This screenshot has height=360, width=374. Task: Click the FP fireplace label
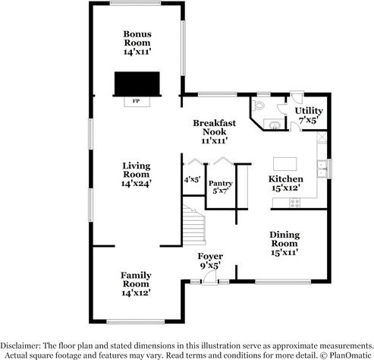click(136, 101)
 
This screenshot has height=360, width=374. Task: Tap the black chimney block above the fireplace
click(137, 84)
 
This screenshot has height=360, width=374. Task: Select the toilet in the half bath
click(258, 106)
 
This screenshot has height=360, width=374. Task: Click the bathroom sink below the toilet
click(274, 125)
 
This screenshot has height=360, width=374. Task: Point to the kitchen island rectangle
click(285, 164)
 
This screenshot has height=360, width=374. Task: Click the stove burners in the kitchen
click(295, 203)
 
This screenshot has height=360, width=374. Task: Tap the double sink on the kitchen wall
click(322, 169)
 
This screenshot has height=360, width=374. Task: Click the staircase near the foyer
click(194, 225)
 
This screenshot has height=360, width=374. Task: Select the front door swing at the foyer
click(209, 277)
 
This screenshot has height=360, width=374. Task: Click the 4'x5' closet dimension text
click(192, 179)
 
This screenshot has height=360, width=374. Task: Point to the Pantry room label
click(221, 183)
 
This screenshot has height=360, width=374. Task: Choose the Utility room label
click(309, 111)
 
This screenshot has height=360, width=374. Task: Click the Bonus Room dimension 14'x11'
click(137, 52)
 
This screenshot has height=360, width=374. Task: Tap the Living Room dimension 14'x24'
click(137, 183)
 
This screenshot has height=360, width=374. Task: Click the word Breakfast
click(215, 123)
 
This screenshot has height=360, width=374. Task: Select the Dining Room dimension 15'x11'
click(284, 252)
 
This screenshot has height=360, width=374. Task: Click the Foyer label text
click(210, 256)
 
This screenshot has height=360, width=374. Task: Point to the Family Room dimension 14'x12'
click(136, 293)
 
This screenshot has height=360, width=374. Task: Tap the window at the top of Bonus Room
click(136, 3)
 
